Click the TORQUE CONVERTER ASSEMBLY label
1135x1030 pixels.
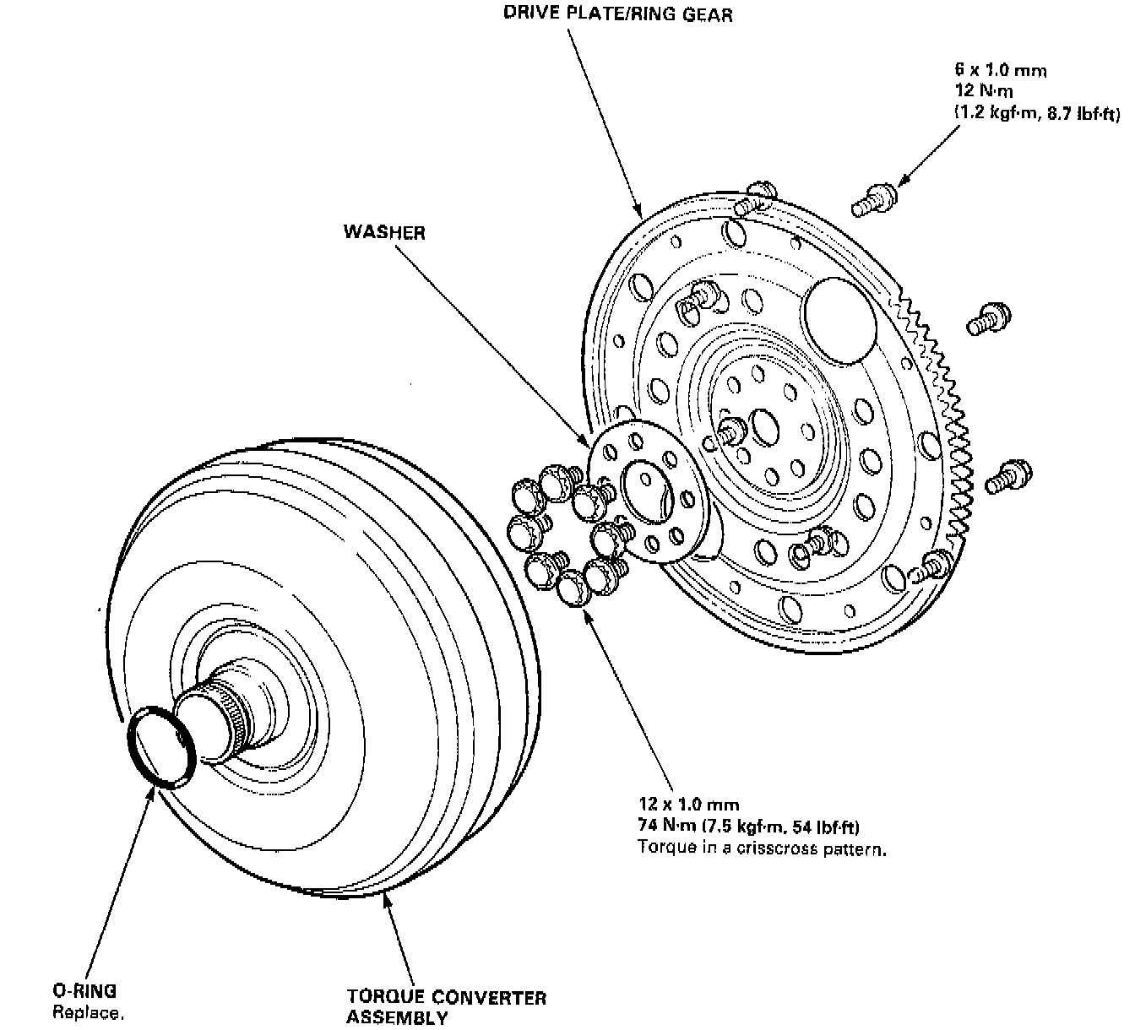pyautogui.click(x=446, y=1007)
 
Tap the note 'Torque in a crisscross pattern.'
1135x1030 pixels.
pyautogui.click(x=762, y=848)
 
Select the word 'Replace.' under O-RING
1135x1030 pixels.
pyautogui.click(x=88, y=1013)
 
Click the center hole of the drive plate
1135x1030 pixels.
pyautogui.click(x=765, y=426)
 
